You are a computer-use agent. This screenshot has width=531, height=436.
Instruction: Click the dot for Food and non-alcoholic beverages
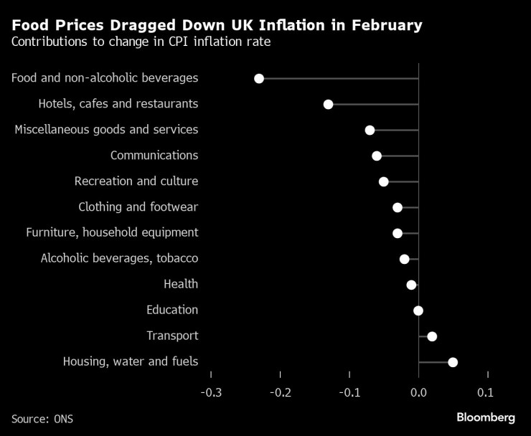click(x=259, y=78)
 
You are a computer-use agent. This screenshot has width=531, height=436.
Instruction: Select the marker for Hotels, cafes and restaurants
click(x=328, y=104)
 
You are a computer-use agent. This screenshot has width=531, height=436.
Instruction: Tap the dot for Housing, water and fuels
click(x=453, y=362)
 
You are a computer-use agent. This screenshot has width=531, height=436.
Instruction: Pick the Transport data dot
click(x=432, y=336)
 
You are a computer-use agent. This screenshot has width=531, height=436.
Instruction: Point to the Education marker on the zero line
click(x=418, y=311)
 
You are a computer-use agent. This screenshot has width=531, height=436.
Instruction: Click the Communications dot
click(x=377, y=156)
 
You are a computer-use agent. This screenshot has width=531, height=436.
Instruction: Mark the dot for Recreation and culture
click(x=383, y=181)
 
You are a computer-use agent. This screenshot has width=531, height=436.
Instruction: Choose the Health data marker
click(x=411, y=285)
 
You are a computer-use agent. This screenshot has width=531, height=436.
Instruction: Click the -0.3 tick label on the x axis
click(x=211, y=393)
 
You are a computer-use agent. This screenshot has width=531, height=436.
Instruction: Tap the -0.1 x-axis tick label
click(x=349, y=393)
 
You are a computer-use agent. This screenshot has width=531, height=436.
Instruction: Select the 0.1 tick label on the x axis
click(x=486, y=393)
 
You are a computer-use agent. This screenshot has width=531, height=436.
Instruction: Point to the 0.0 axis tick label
click(x=418, y=393)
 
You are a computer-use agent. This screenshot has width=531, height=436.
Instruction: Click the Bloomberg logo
click(x=486, y=417)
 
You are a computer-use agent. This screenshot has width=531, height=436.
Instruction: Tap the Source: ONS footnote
click(x=42, y=418)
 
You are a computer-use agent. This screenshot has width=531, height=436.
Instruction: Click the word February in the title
click(x=385, y=26)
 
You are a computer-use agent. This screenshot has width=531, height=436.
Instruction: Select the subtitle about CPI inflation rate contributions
click(x=141, y=42)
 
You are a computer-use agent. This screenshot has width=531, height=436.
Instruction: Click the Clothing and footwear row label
click(x=138, y=207)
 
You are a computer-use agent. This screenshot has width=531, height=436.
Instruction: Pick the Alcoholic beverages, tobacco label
click(x=119, y=259)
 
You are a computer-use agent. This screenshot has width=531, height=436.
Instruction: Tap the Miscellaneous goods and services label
click(x=106, y=130)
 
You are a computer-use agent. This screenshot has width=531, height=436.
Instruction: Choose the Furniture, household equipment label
click(x=112, y=233)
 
